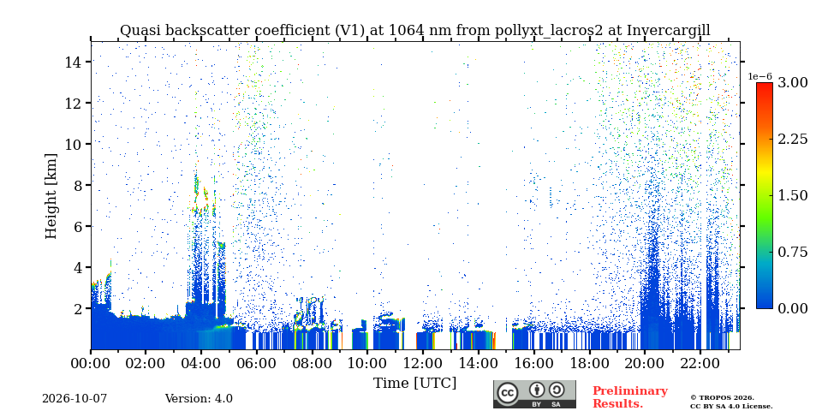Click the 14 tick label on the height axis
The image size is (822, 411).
[72, 62]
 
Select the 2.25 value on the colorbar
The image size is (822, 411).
[793, 139]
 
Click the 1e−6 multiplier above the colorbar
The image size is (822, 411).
[759, 76]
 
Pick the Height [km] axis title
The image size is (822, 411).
[51, 196]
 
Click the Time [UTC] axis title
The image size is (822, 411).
[414, 383]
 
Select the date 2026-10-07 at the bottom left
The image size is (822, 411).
[74, 399]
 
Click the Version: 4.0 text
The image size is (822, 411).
[199, 399]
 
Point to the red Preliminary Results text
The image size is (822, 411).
[630, 397]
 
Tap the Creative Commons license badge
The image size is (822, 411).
[534, 394]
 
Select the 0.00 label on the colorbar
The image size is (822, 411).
[793, 308]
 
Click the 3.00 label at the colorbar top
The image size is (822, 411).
[793, 82]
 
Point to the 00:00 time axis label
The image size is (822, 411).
[91, 363]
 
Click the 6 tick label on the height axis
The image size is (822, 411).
[75, 226]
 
